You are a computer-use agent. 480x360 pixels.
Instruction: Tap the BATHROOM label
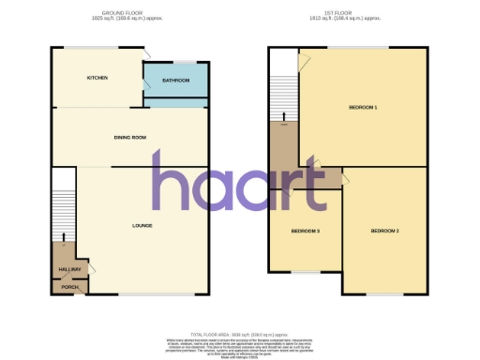coord(176,81)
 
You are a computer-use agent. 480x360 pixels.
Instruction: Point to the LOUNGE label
coord(142,226)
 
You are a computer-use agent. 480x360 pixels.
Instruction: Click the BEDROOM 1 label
coord(363,108)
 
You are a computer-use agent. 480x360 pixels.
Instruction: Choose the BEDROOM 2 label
coord(384,231)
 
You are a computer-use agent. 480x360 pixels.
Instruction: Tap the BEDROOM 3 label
coord(305,231)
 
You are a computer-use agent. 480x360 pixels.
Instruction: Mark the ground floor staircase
coord(63,202)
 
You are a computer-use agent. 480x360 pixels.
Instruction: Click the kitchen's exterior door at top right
coord(146,53)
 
